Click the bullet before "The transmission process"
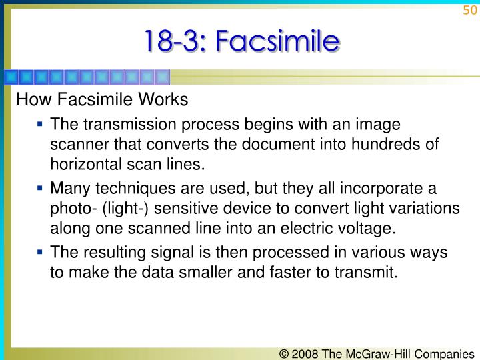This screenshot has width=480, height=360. pyautogui.click(x=40, y=123)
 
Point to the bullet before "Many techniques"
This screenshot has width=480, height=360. pyautogui.click(x=40, y=187)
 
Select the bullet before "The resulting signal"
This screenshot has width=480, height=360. pyautogui.click(x=40, y=251)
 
